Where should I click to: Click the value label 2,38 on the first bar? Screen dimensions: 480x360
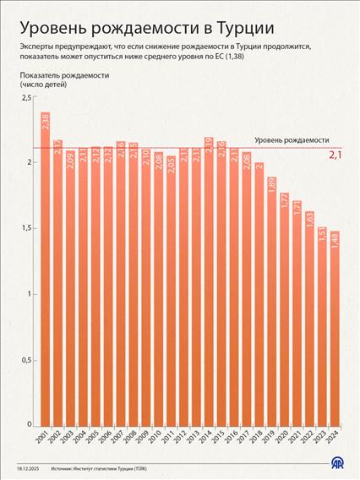[x=44, y=123]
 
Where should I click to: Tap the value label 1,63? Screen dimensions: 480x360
[x=309, y=221]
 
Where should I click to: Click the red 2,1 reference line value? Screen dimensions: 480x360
[x=335, y=155]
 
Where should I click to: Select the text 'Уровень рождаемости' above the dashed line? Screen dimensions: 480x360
[x=292, y=139]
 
